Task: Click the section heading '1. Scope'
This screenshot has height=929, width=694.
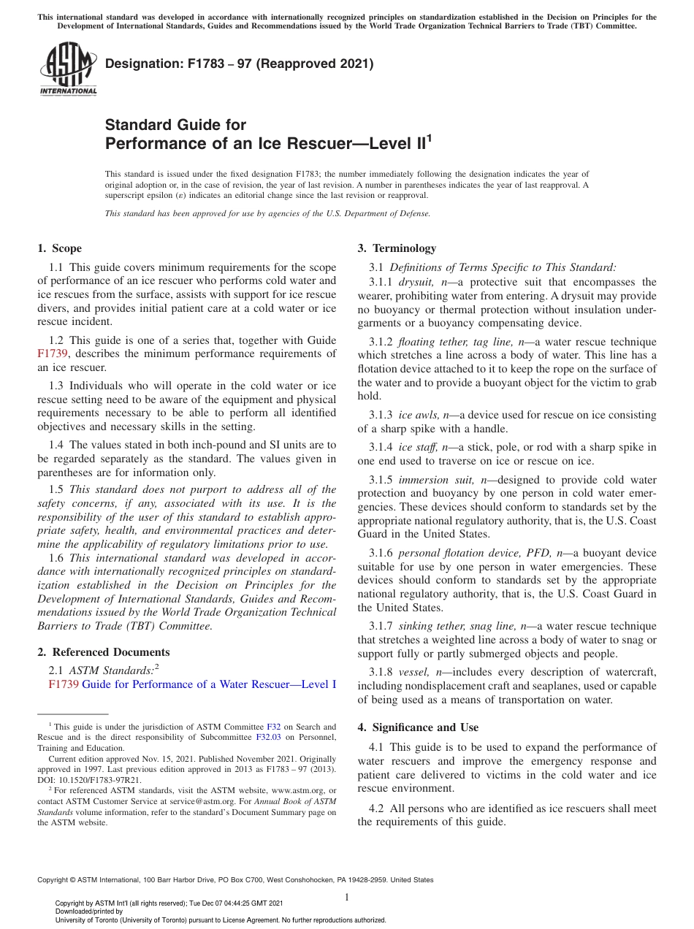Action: (60, 248)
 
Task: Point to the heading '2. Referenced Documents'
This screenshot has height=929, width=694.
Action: (104, 652)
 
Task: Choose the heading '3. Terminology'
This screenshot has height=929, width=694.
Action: (397, 248)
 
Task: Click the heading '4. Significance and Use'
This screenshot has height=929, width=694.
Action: (418, 727)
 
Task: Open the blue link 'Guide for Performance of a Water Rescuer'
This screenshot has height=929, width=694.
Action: (209, 684)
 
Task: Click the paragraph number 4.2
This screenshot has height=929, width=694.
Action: (377, 808)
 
